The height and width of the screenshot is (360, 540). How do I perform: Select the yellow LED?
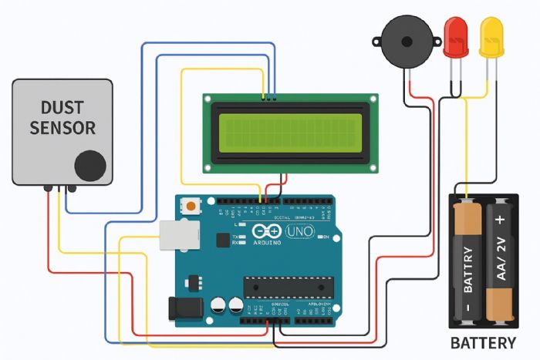[x=491, y=37]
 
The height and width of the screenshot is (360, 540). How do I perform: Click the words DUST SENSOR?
[x=62, y=117]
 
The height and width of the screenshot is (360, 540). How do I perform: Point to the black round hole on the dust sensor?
[x=89, y=165]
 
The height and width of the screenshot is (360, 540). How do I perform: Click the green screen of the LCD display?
[x=289, y=132]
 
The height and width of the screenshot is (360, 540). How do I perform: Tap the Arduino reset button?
[x=191, y=206]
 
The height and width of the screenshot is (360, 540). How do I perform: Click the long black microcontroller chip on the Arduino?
[x=289, y=287]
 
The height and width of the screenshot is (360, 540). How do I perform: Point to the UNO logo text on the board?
[x=299, y=230]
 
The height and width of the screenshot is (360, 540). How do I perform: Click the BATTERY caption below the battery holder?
[x=483, y=342]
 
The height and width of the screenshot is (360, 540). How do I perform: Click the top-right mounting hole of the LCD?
[x=373, y=99]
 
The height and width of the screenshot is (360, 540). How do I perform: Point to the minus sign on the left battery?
[x=466, y=308]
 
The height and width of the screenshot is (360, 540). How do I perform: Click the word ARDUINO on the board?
[x=267, y=242]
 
